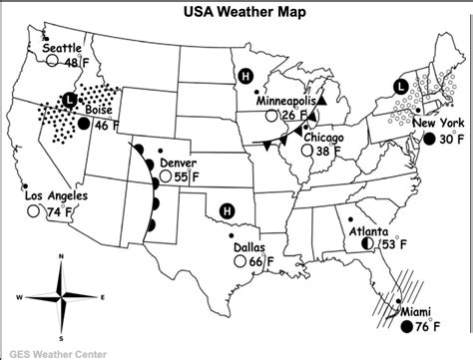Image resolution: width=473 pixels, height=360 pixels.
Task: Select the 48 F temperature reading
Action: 77,62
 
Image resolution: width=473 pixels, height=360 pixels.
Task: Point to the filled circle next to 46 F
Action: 86,125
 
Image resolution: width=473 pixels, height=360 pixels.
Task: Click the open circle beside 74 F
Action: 34,211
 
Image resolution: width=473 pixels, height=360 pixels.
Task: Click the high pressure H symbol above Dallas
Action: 227,209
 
